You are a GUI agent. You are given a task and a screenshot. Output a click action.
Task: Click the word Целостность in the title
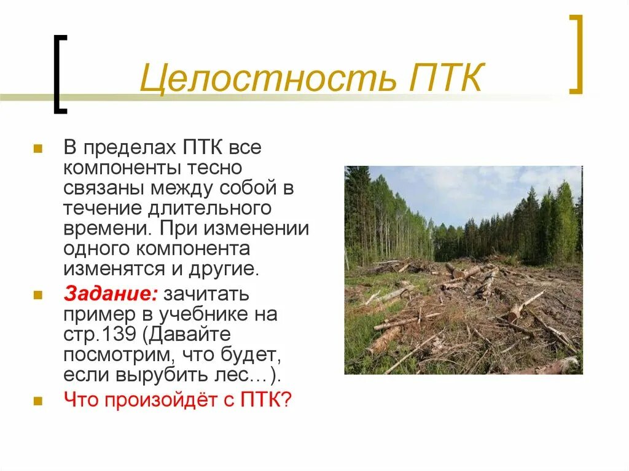[x=257, y=79]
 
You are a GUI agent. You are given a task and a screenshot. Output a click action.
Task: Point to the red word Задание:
[x=111, y=294]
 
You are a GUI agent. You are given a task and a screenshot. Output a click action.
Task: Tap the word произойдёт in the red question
[x=161, y=400]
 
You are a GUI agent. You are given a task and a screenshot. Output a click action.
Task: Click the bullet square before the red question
[x=37, y=400]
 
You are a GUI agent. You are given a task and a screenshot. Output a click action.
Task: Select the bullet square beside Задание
[x=37, y=295]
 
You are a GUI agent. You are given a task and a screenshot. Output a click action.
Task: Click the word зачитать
[x=206, y=294]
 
